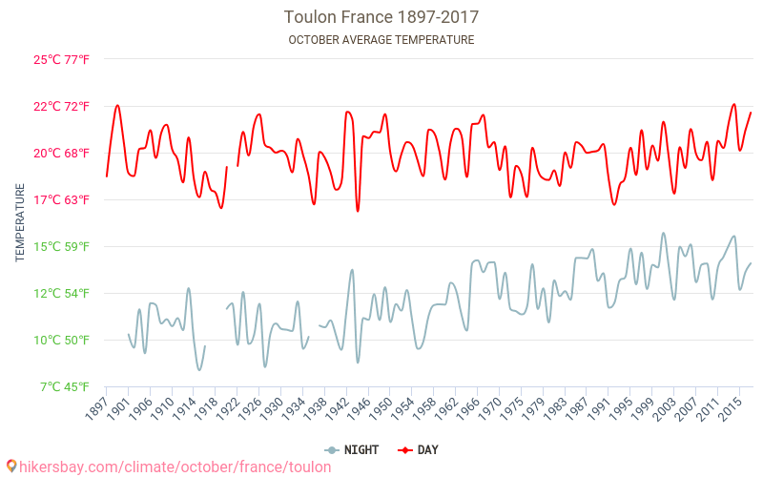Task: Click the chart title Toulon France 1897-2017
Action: [381, 17]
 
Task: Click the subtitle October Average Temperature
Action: [381, 40]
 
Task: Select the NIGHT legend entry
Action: [354, 449]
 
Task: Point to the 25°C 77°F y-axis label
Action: [62, 59]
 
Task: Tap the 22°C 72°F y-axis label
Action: [62, 106]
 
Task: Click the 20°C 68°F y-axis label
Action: [62, 153]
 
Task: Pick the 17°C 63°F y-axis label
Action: [62, 199]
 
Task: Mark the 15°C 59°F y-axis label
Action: [62, 246]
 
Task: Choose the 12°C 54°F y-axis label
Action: [62, 293]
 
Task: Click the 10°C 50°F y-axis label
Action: [62, 340]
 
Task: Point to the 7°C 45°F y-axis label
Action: [65, 386]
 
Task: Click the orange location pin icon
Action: [11, 466]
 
